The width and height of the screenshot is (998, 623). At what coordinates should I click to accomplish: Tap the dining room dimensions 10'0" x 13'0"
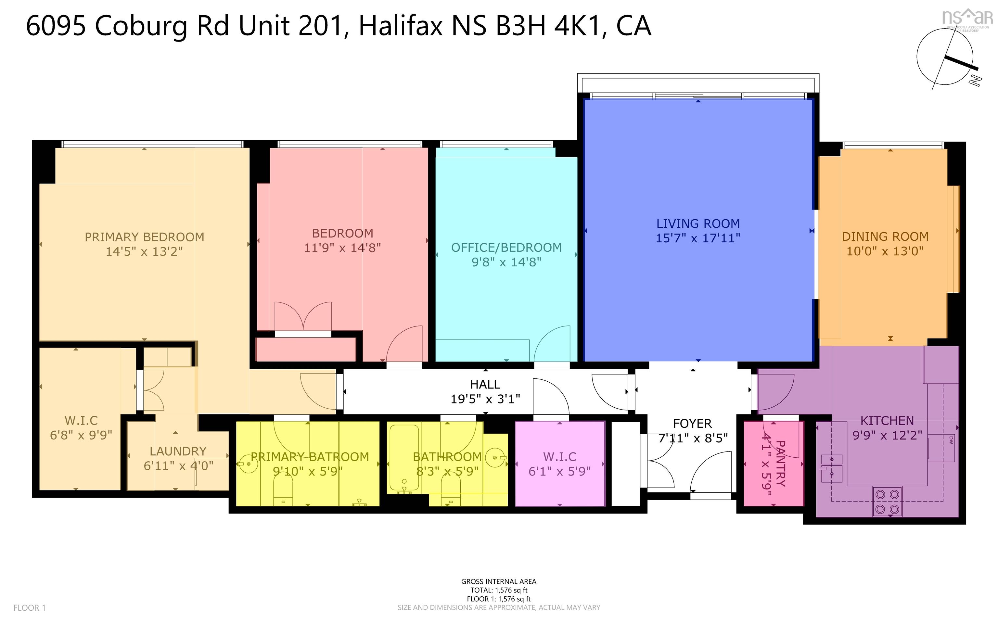coord(885,251)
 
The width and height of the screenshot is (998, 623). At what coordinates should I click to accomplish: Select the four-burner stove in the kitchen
coord(887,502)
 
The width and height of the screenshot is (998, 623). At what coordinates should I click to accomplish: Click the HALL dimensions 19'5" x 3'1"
coord(485,399)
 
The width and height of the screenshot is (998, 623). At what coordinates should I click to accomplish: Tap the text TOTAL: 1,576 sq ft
coord(499,590)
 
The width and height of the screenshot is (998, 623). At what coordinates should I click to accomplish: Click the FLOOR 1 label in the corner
coord(30,608)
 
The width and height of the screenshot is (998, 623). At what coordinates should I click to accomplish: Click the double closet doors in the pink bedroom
coord(303,317)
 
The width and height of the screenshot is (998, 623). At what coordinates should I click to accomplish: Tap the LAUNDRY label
coord(178,451)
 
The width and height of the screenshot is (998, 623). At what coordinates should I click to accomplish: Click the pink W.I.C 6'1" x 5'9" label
coord(559,464)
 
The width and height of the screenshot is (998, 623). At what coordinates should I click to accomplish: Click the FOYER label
coord(692,423)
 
